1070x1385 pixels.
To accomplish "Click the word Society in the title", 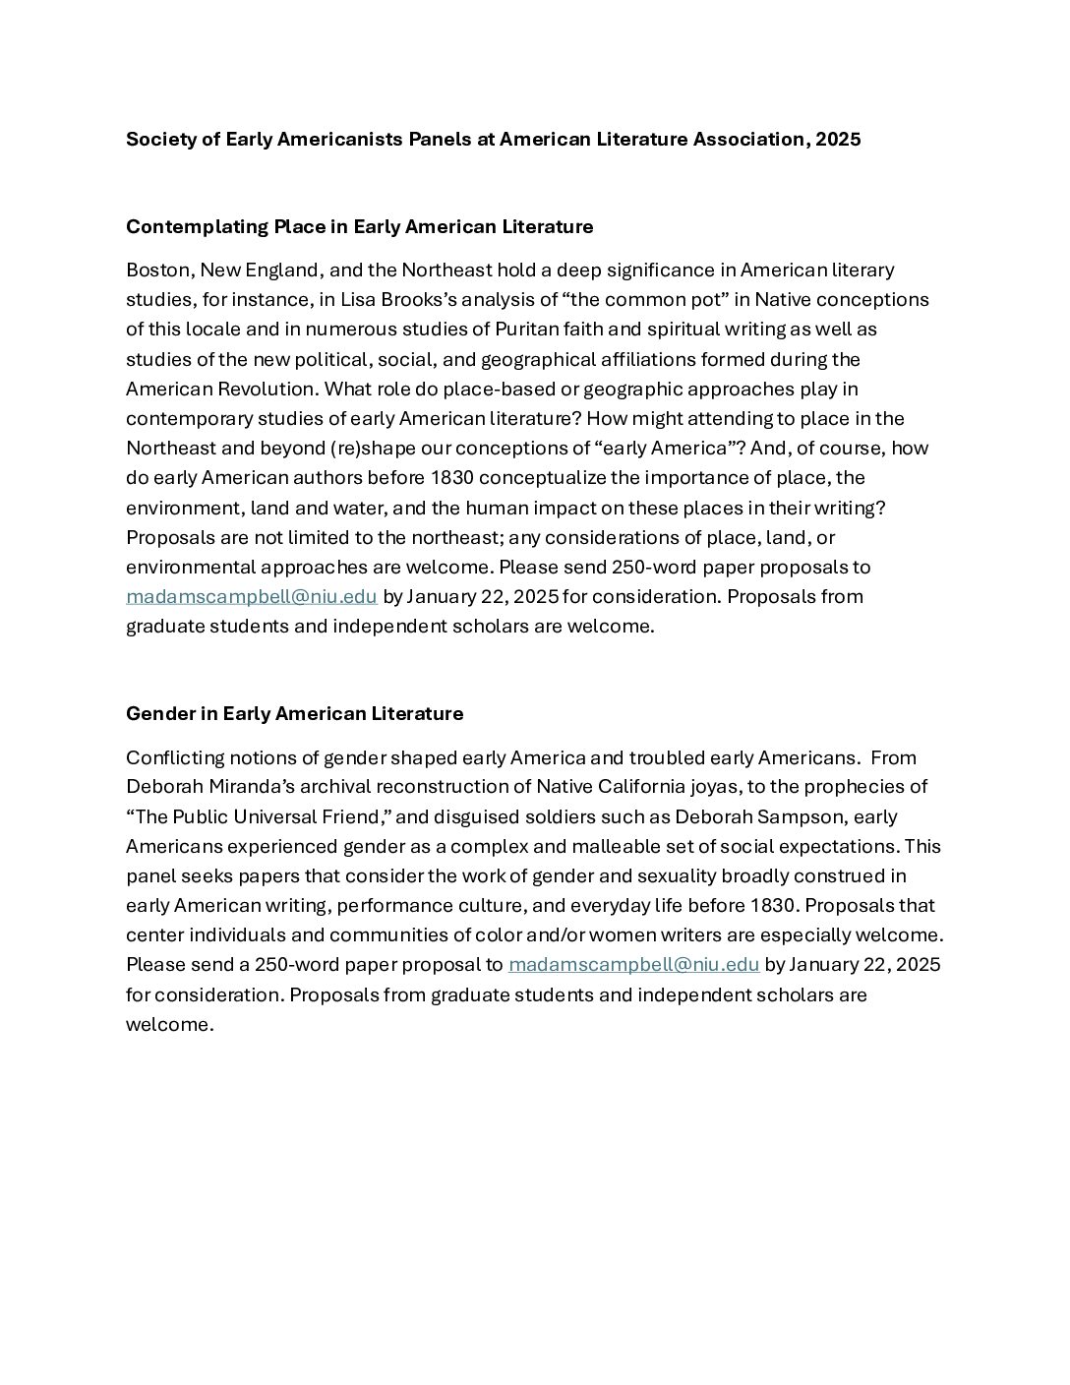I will (160, 140).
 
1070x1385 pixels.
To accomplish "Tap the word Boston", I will (158, 271).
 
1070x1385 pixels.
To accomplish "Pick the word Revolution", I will (259, 389).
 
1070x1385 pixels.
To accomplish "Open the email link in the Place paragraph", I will (252, 596).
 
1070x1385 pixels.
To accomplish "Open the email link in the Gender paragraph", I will (633, 964).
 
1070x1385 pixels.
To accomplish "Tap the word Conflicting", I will (174, 757).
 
